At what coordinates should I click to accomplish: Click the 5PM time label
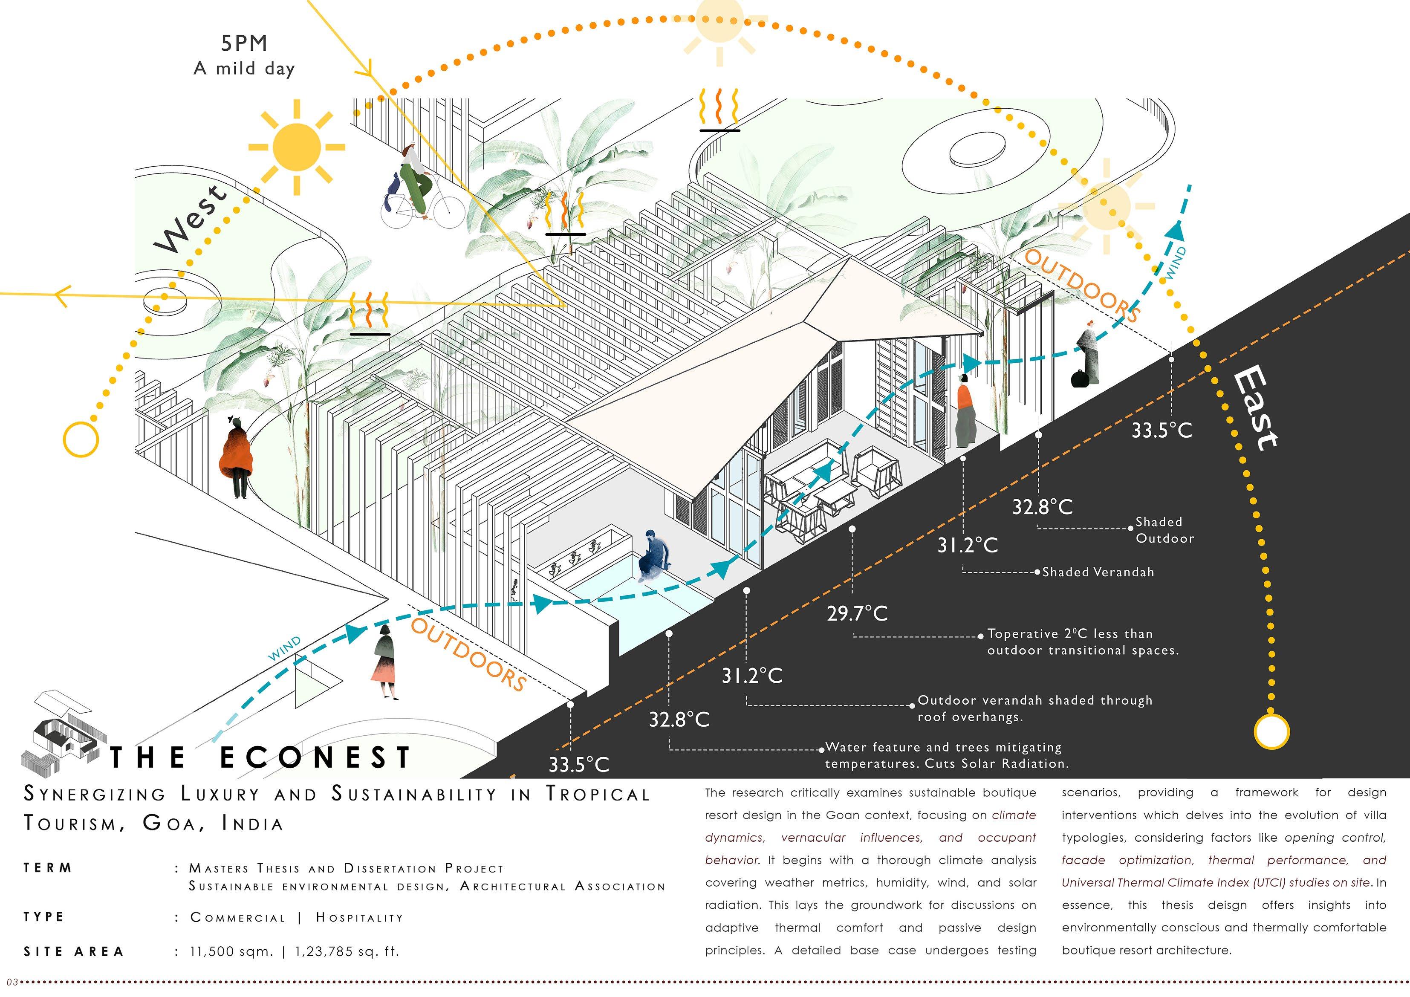pos(244,43)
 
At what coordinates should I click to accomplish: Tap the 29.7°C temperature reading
pos(857,613)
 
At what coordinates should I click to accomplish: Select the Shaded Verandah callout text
pos(1098,572)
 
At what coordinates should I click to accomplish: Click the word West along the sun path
pos(191,219)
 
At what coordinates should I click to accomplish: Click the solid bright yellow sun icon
pos(297,147)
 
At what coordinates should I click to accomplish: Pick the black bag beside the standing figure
pos(1080,379)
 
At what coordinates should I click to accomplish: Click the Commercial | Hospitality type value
pos(297,917)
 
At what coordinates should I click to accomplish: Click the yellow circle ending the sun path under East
pos(1271,731)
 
